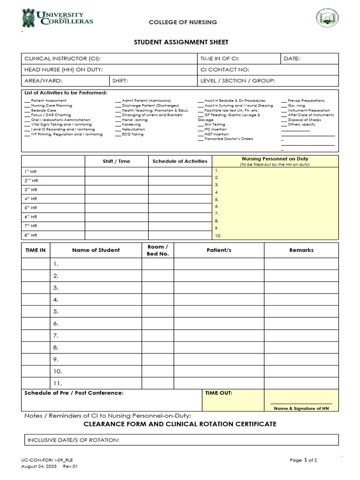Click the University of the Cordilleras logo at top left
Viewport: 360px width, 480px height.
click(x=57, y=18)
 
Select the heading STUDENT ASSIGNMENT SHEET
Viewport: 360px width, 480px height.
click(x=181, y=42)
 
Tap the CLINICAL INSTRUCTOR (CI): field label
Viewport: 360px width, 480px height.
click(x=62, y=59)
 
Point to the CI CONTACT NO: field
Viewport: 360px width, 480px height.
click(x=225, y=70)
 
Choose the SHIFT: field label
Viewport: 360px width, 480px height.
click(x=120, y=81)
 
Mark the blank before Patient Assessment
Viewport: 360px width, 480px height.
click(x=27, y=101)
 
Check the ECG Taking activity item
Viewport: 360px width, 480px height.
click(x=133, y=134)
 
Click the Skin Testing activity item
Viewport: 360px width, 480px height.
click(x=215, y=125)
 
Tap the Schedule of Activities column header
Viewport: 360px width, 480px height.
click(x=180, y=161)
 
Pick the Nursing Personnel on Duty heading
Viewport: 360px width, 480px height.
click(x=275, y=159)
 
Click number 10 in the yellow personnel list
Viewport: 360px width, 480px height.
click(x=218, y=235)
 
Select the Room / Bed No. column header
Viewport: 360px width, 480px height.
click(x=157, y=250)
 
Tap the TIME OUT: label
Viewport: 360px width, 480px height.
click(x=218, y=393)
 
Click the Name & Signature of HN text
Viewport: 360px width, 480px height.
click(x=301, y=408)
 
